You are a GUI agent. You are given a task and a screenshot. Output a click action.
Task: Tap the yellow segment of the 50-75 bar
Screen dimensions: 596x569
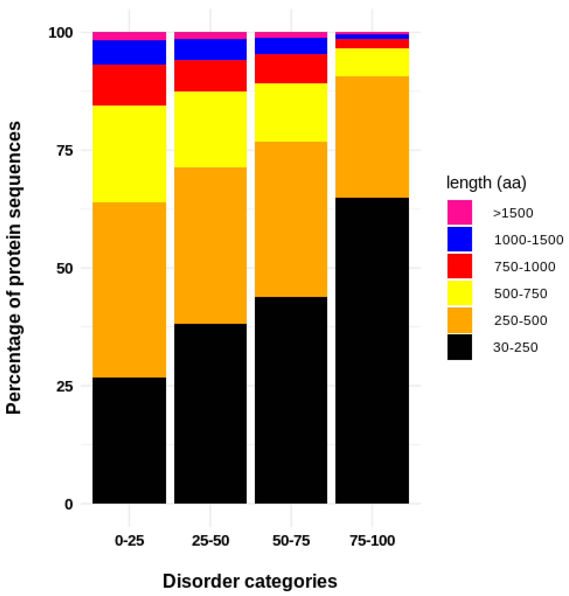pyautogui.click(x=291, y=112)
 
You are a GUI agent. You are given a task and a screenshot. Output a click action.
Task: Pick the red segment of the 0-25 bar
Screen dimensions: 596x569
pyautogui.click(x=129, y=85)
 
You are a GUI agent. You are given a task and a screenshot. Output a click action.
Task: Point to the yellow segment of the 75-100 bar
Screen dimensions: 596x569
pyautogui.click(x=372, y=62)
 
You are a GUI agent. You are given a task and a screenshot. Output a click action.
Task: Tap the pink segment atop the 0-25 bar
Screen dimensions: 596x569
pyautogui.click(x=129, y=36)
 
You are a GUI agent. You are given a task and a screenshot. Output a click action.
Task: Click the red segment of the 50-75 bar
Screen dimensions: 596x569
pyautogui.click(x=291, y=68)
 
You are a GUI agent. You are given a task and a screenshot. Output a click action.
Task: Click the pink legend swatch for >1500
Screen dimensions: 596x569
pyautogui.click(x=459, y=212)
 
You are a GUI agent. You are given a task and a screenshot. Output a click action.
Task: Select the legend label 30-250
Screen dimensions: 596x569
pyautogui.click(x=515, y=347)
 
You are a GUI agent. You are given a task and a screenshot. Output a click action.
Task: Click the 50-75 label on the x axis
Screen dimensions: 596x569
pyautogui.click(x=291, y=541)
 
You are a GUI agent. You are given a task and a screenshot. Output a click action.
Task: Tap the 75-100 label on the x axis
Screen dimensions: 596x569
pyautogui.click(x=372, y=541)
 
